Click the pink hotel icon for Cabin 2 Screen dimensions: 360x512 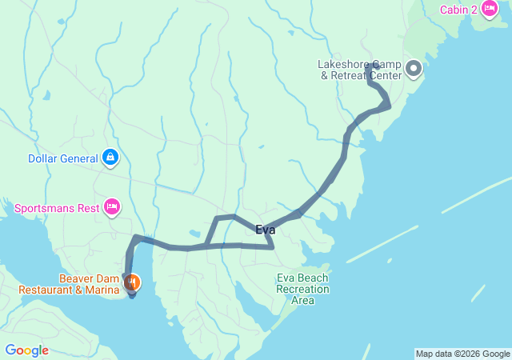pos(489,9)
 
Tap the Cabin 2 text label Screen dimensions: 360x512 pos(458,10)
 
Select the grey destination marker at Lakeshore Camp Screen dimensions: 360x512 pos(414,69)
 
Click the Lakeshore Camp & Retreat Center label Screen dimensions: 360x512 pos(359,70)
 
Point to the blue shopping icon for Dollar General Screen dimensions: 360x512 pos(110,158)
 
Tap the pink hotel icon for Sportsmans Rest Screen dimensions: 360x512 pos(112,208)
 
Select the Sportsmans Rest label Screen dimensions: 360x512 pos(56,209)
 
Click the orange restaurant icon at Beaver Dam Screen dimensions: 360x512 pos(132,282)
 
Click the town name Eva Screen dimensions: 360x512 pos(266,230)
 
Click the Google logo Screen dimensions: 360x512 pos(26,350)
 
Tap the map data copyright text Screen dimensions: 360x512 pos(462,354)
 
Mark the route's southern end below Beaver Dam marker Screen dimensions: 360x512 pos(132,294)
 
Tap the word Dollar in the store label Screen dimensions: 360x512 pos(44,158)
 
